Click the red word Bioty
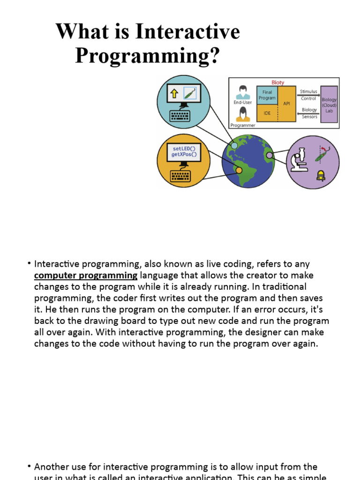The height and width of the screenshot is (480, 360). click(x=277, y=82)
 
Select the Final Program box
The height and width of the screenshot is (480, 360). click(x=267, y=95)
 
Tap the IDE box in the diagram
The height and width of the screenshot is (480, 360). click(x=267, y=113)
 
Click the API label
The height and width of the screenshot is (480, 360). click(x=287, y=103)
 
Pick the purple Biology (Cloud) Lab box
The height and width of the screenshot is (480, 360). click(x=329, y=104)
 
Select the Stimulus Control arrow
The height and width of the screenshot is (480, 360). click(x=308, y=95)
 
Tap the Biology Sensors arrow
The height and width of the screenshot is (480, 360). click(x=308, y=113)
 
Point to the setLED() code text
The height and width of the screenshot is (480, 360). click(x=184, y=148)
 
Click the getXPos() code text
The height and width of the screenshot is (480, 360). click(x=184, y=154)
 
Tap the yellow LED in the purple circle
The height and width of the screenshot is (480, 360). click(x=321, y=176)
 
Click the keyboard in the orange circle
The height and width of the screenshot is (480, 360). click(x=180, y=176)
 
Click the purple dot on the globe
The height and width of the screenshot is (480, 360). click(x=269, y=155)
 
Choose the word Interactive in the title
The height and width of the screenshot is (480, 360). click(x=187, y=32)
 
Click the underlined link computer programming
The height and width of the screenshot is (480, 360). click(x=86, y=275)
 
